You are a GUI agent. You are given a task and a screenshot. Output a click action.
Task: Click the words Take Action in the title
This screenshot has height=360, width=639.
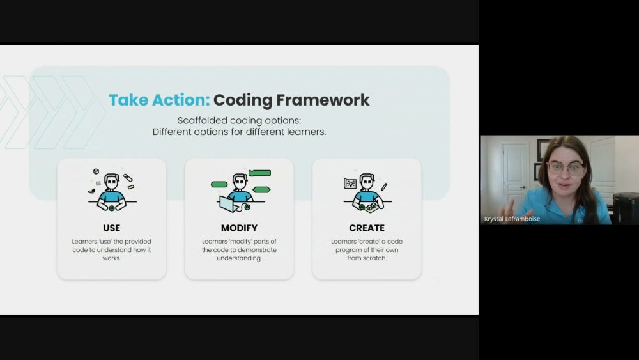(x=159, y=100)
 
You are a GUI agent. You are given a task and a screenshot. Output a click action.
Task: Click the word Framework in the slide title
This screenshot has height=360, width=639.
(x=323, y=100)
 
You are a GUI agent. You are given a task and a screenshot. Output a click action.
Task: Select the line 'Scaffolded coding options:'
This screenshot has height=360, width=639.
(x=239, y=121)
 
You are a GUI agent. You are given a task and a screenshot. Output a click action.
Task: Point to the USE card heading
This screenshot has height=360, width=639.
(x=112, y=228)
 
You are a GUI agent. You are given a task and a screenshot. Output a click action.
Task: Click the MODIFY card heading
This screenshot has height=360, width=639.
(x=239, y=228)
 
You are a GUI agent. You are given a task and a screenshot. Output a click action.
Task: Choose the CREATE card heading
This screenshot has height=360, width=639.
(x=367, y=228)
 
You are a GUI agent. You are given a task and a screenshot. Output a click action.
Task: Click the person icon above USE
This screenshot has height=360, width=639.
(x=112, y=192)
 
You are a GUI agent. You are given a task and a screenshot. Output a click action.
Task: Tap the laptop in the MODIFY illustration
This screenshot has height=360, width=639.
(x=228, y=204)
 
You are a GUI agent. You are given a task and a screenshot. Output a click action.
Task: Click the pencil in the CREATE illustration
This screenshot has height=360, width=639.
(x=384, y=187)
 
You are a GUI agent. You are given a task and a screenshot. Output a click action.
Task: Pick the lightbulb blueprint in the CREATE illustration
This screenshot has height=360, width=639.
(x=350, y=184)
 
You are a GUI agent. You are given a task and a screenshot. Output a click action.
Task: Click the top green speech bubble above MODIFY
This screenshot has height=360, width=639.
(x=259, y=173)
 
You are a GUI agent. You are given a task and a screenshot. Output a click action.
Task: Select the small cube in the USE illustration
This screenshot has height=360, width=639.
(x=96, y=171)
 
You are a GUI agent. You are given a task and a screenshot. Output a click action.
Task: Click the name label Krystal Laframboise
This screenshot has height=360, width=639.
(x=512, y=219)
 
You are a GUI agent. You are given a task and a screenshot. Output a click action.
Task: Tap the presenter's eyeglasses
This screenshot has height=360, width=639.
(x=566, y=168)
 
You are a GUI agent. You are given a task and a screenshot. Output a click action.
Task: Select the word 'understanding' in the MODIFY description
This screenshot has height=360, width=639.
(x=239, y=258)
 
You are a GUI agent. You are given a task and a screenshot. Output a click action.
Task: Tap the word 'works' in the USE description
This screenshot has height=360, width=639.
(x=112, y=258)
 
